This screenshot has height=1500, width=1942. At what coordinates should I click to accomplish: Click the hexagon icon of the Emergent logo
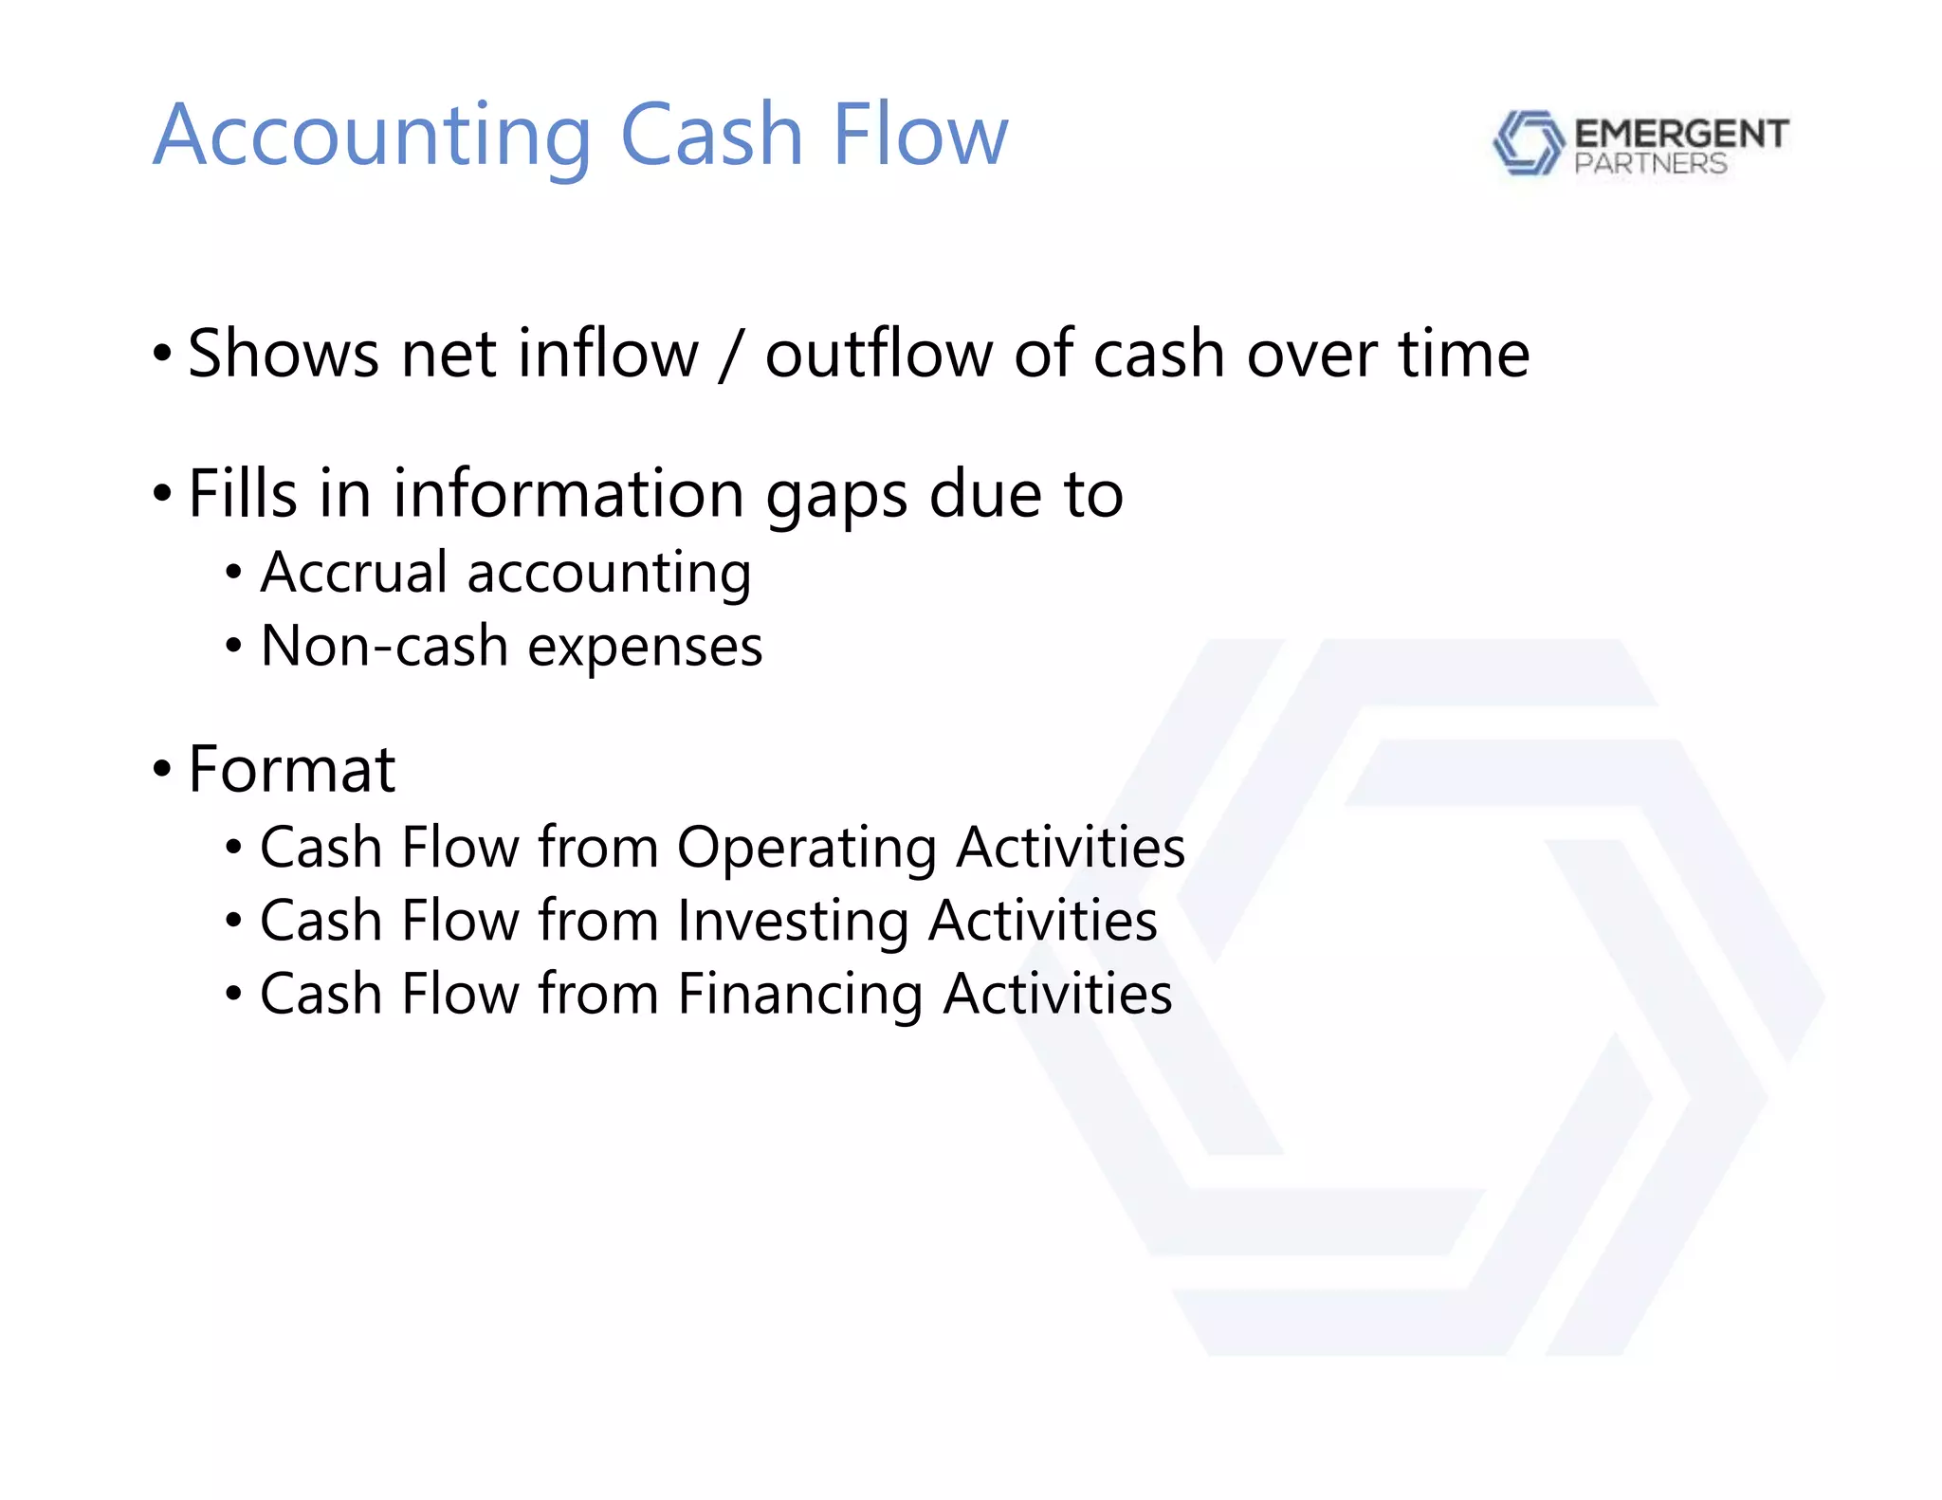(x=1528, y=143)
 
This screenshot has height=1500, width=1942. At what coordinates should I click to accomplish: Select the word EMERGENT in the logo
(x=1681, y=134)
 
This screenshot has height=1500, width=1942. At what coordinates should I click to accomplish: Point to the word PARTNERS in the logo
(x=1650, y=164)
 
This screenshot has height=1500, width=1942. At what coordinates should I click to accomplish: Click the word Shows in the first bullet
(x=284, y=354)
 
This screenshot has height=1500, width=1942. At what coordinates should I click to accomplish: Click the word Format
(x=291, y=769)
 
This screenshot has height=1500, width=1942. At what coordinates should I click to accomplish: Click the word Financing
(x=800, y=996)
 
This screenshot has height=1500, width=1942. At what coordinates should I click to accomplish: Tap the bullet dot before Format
(x=162, y=768)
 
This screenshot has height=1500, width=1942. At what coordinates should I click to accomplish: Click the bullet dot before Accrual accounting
(x=233, y=573)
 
